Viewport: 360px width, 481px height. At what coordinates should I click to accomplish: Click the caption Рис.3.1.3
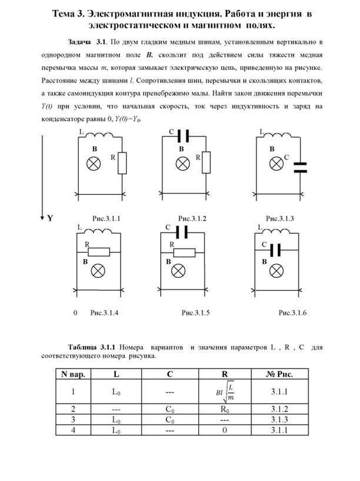279,218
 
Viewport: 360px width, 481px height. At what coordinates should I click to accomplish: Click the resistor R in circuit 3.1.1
122,163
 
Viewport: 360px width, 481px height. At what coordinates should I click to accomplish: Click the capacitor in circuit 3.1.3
300,167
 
